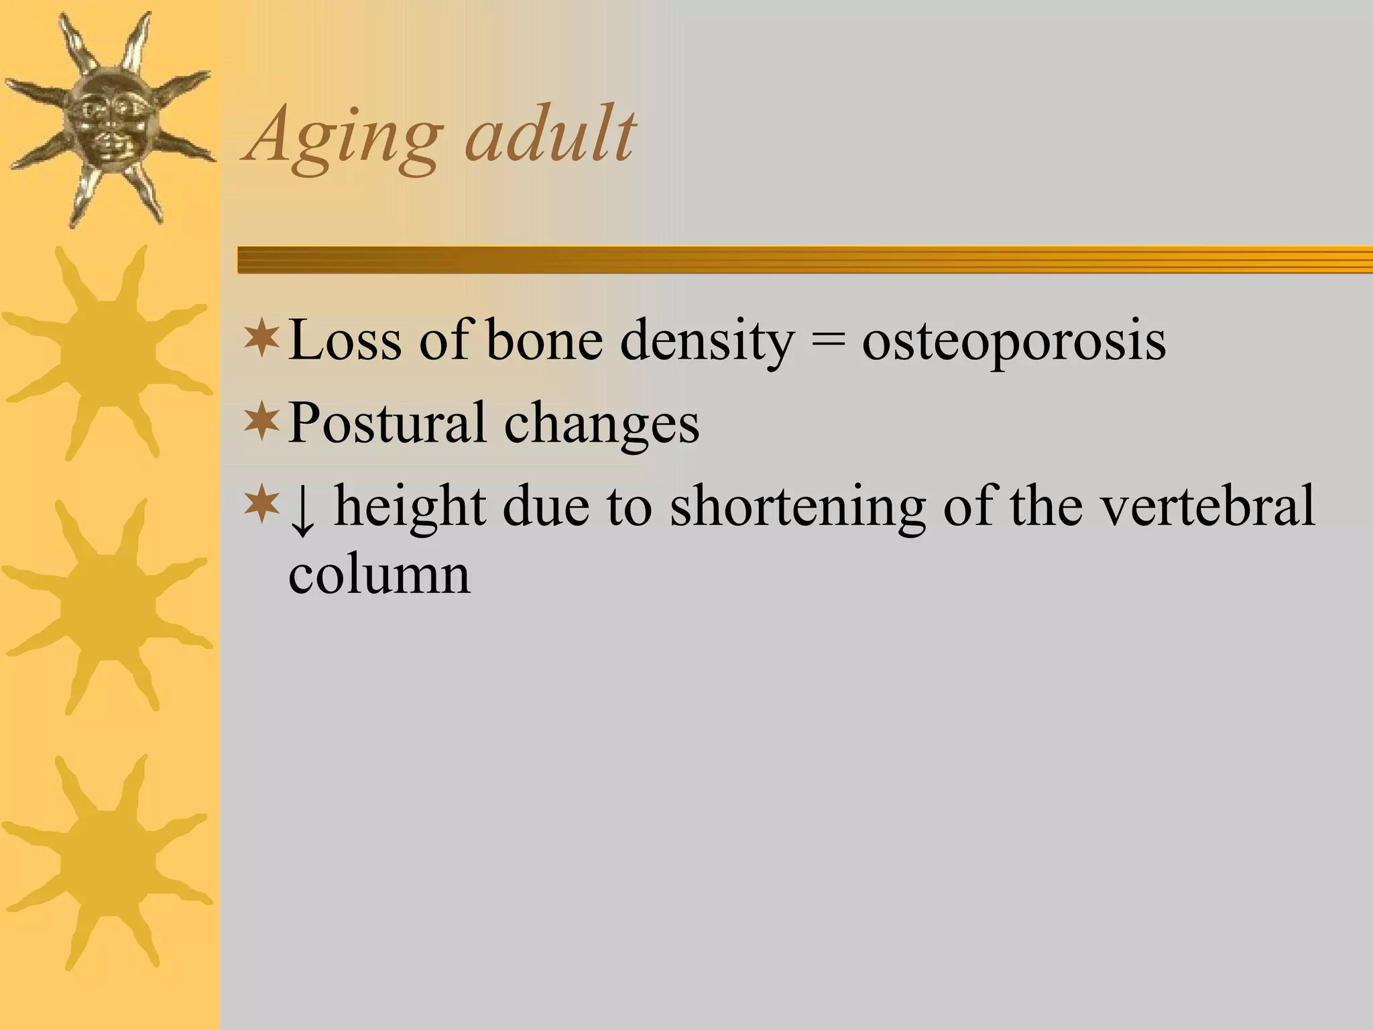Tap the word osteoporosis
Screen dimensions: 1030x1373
tap(1014, 342)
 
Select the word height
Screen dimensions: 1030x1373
tap(410, 508)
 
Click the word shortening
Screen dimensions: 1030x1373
tap(797, 508)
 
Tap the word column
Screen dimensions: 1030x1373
tap(379, 575)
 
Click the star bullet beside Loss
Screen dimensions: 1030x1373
tap(262, 338)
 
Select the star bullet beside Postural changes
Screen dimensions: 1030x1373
tap(262, 421)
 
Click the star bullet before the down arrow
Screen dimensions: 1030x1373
tap(262, 504)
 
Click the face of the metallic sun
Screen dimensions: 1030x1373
tap(107, 121)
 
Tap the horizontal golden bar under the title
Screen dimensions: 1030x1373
tap(804, 260)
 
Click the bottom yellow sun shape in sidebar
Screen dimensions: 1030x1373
tap(107, 862)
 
